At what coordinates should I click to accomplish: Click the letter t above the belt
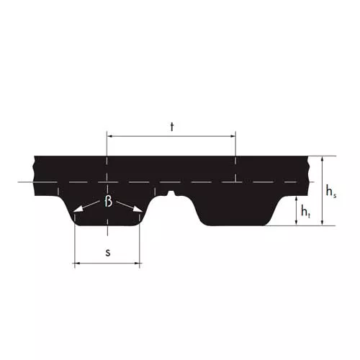coord(172,127)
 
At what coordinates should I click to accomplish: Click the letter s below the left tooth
coord(108,253)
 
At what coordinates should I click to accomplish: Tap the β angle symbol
coord(108,201)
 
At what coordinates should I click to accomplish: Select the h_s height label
coord(331,192)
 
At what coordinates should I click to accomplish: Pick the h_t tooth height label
coord(305,212)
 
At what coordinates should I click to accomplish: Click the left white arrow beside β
coord(86,207)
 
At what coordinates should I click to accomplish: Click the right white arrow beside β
coord(130,207)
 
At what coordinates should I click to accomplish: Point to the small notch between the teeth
coord(171,193)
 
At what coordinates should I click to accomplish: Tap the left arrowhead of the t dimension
coord(110,136)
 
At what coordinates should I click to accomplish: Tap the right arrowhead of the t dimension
coord(233,136)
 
